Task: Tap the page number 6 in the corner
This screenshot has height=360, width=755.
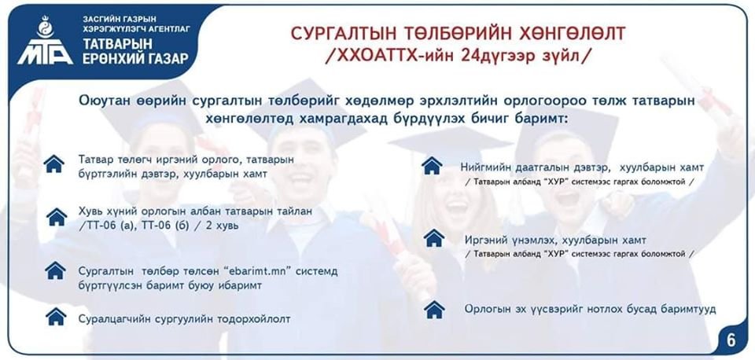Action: pyautogui.click(x=731, y=340)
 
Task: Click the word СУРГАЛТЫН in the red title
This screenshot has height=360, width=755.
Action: pyautogui.click(x=337, y=34)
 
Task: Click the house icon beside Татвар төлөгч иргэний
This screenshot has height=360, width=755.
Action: pyautogui.click(x=54, y=163)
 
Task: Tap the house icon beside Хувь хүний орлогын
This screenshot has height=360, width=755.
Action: pyautogui.click(x=57, y=217)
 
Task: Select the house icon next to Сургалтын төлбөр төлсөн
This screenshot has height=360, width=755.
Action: pyautogui.click(x=55, y=270)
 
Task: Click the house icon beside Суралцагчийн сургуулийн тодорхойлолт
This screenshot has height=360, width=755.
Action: pyautogui.click(x=56, y=317)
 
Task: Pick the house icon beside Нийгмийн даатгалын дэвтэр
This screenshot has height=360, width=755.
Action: pyautogui.click(x=432, y=166)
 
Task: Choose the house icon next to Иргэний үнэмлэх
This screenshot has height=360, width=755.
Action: pyautogui.click(x=434, y=238)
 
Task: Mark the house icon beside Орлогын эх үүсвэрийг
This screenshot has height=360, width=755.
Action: pyautogui.click(x=434, y=310)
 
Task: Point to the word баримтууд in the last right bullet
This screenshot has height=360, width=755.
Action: pyautogui.click(x=688, y=309)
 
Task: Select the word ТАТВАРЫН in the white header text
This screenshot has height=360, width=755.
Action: pyautogui.click(x=118, y=44)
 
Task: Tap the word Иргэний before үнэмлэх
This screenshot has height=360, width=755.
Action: pyautogui.click(x=485, y=240)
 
